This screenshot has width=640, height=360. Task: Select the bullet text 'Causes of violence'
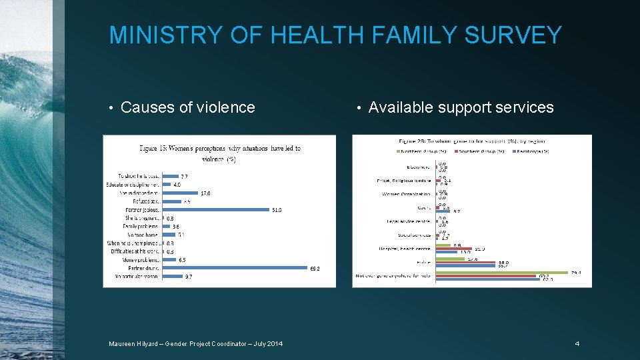(187, 107)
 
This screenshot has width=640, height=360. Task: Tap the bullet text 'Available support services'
(461, 107)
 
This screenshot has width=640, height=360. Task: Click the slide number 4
(577, 343)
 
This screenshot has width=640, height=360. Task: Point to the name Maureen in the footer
(124, 343)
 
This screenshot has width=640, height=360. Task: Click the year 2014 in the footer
(273, 343)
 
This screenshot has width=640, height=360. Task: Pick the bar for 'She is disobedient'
(180, 193)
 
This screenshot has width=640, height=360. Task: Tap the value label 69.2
(316, 269)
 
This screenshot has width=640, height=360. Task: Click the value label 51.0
(277, 210)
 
